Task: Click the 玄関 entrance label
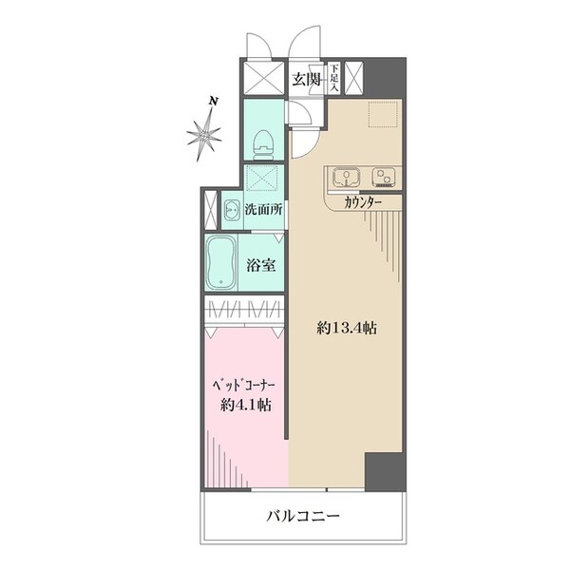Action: click(306, 79)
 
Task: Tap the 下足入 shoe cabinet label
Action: click(334, 78)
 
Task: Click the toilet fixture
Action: click(264, 142)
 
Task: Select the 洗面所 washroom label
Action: click(263, 209)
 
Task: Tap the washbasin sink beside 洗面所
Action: click(232, 209)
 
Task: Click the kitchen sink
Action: click(346, 176)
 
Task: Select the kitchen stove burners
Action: click(385, 176)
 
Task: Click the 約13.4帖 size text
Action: click(347, 328)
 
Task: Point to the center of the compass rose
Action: click(202, 135)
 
